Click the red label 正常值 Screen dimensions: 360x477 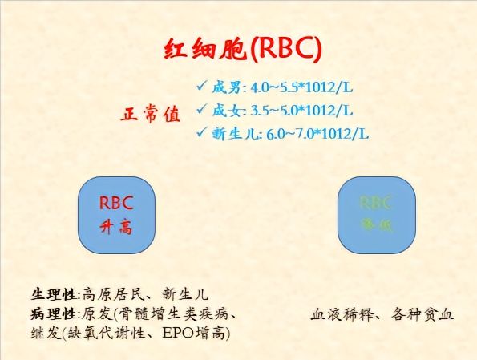[150, 114]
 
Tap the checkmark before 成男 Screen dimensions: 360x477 [201, 84]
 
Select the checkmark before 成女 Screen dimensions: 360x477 [201, 109]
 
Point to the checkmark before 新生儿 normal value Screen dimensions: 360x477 [201, 133]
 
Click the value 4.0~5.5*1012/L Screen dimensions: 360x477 [301, 86]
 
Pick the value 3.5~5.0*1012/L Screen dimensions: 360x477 [301, 110]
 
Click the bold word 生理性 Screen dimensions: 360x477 [56, 294]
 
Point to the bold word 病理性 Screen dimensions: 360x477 [56, 313]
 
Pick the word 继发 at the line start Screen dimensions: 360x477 [45, 331]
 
